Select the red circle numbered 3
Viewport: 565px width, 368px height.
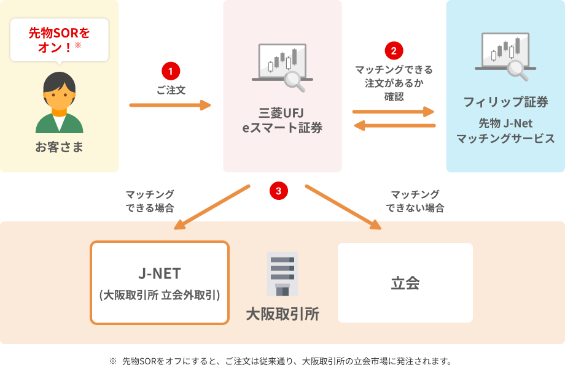pyautogui.click(x=278, y=191)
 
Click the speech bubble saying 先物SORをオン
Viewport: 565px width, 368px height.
pyautogui.click(x=60, y=39)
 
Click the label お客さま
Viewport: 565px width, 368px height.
pyautogui.click(x=59, y=147)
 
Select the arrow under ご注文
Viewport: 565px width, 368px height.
pyautogui.click(x=169, y=105)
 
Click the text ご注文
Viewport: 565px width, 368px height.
pyautogui.click(x=170, y=90)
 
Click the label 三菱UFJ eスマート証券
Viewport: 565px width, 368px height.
pyautogui.click(x=282, y=120)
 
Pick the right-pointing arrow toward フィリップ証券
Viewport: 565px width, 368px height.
pyautogui.click(x=393, y=112)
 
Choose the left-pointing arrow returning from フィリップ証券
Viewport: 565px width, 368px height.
pyautogui.click(x=394, y=126)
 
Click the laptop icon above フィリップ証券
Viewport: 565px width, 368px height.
pyautogui.click(x=505, y=56)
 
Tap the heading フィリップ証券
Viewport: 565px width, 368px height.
pyautogui.click(x=505, y=102)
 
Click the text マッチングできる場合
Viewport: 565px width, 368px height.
pyautogui.click(x=149, y=201)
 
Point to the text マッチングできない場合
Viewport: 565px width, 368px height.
pyautogui.click(x=415, y=201)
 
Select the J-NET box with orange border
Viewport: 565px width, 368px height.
pyautogui.click(x=160, y=282)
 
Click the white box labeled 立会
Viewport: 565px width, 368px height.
pyautogui.click(x=405, y=282)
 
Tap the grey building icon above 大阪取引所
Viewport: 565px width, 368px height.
pyautogui.click(x=282, y=274)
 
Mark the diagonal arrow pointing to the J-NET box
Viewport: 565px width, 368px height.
pyautogui.click(x=212, y=207)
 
